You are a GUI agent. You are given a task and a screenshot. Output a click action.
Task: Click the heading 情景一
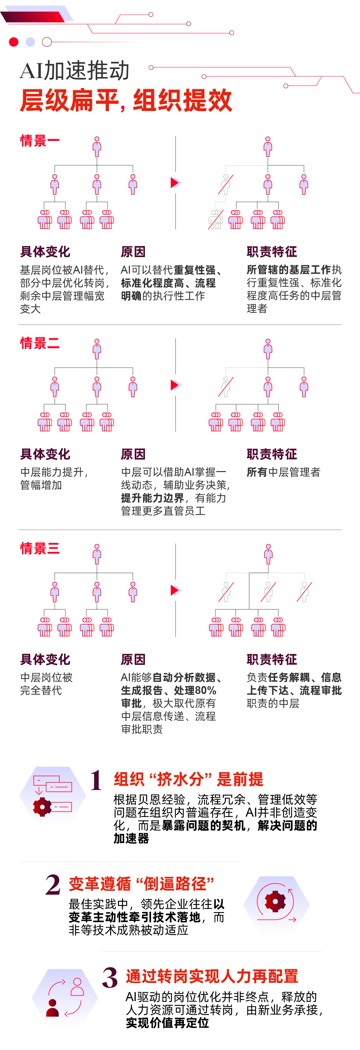point(40,141)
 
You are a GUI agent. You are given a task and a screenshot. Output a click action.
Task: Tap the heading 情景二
point(40,343)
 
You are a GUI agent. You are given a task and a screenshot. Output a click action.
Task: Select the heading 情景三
point(40,548)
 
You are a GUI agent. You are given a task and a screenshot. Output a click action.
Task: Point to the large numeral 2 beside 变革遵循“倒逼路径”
point(53,885)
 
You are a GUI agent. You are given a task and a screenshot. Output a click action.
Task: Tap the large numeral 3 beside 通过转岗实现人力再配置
point(110,977)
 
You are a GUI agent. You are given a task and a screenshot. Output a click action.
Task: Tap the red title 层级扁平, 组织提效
point(126,100)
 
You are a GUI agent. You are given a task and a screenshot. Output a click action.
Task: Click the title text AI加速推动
point(74,70)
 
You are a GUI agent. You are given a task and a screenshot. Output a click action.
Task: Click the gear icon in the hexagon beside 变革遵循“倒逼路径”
point(275,901)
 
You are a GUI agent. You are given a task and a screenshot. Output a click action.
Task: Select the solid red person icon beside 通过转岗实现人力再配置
point(53,1008)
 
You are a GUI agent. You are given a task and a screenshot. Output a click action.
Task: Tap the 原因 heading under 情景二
point(133,454)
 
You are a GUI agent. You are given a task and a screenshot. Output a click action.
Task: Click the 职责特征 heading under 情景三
point(272,659)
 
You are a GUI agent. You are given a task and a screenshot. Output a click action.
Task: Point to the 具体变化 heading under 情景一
point(45,251)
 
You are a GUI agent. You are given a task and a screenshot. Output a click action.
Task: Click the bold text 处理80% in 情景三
point(195,690)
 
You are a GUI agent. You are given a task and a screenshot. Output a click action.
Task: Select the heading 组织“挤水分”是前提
point(188,779)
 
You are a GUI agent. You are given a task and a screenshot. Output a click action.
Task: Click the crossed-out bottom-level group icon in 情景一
point(216,219)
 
